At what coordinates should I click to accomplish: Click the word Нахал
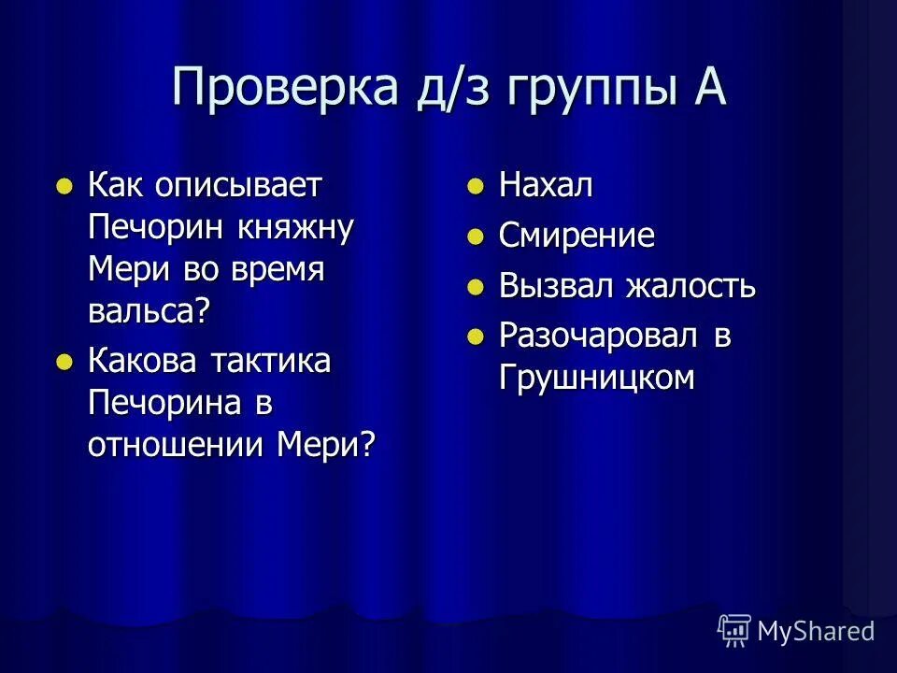point(546,185)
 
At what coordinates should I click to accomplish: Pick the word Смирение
point(577,236)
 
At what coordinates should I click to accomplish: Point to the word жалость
point(691,285)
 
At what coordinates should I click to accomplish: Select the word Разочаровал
point(598,336)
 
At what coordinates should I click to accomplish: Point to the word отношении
point(178,443)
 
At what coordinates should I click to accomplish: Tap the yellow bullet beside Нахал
point(476,186)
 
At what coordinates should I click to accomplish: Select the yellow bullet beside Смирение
point(476,236)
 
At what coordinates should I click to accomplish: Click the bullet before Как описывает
point(64,186)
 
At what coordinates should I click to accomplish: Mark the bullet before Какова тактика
point(64,361)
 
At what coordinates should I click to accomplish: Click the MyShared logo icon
point(734,630)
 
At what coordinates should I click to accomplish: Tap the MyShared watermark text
point(816,631)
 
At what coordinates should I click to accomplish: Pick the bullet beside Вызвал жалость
point(476,285)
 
